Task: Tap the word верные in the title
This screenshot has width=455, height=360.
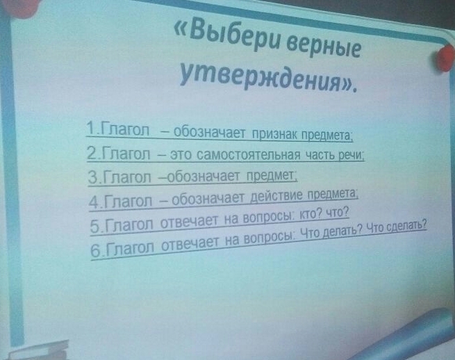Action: click(323, 47)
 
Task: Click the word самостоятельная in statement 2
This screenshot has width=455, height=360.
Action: click(249, 155)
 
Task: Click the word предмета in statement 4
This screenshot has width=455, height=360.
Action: click(332, 194)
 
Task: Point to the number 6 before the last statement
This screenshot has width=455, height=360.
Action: click(95, 251)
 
